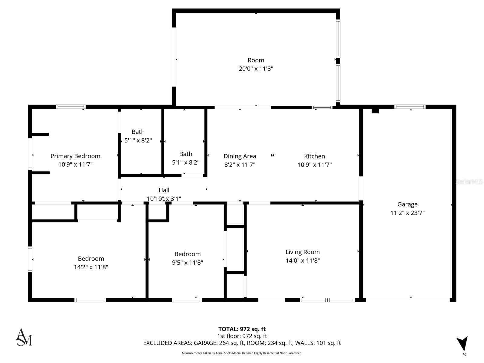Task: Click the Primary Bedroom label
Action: pos(75,156)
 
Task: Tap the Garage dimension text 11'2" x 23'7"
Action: pos(407,213)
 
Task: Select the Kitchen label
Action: pos(315,156)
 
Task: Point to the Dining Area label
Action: pos(240,156)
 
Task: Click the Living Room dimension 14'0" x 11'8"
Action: pos(302,260)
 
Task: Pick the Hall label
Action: pos(164,190)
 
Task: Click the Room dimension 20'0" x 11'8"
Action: pos(256,69)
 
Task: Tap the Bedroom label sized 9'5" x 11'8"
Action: pos(188,254)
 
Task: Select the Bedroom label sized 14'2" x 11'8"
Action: pos(91,259)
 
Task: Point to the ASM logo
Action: pos(24,337)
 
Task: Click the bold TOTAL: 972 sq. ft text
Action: pos(242,329)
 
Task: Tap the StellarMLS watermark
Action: pos(469,182)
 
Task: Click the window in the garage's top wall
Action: pos(410,107)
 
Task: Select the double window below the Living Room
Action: pos(327,300)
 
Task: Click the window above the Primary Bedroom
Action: pos(71,107)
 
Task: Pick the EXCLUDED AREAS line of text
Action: pos(242,343)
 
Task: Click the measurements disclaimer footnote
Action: pos(242,353)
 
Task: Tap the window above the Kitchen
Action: pos(322,107)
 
